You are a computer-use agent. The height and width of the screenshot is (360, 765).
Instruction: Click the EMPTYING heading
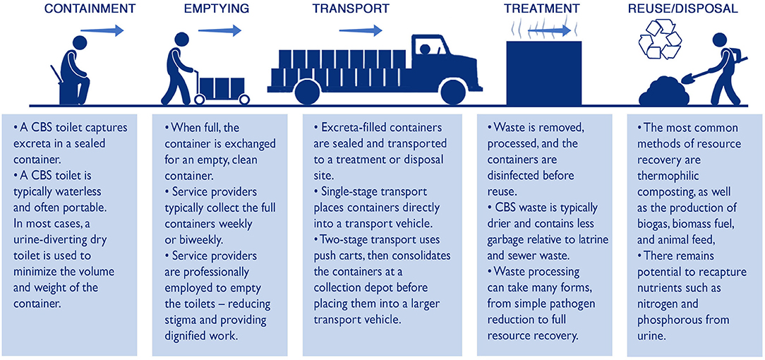tap(217, 9)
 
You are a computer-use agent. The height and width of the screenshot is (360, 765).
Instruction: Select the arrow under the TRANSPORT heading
tap(360, 30)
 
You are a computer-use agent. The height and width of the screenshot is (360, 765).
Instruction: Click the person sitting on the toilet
tap(73, 71)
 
